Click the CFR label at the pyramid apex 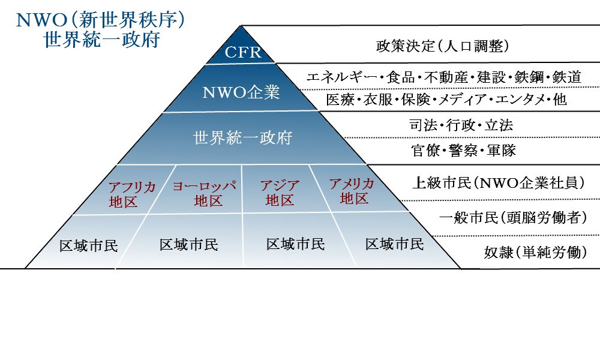(x=243, y=53)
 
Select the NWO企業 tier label (x=241, y=94)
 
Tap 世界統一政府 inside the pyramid (x=242, y=137)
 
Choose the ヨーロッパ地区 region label (x=204, y=193)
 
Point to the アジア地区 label (x=280, y=193)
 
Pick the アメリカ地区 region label (x=352, y=191)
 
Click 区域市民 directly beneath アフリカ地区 (x=89, y=246)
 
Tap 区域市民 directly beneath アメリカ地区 (x=394, y=244)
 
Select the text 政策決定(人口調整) (x=443, y=46)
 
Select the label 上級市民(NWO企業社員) (x=498, y=183)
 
